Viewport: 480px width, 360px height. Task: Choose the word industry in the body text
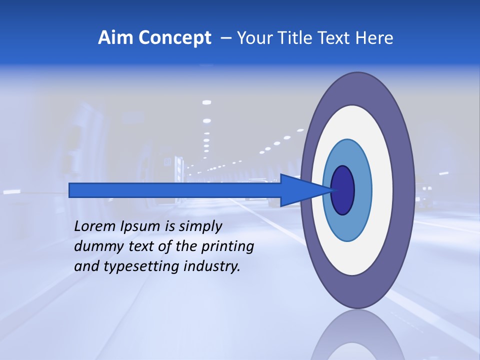pos(212,266)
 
